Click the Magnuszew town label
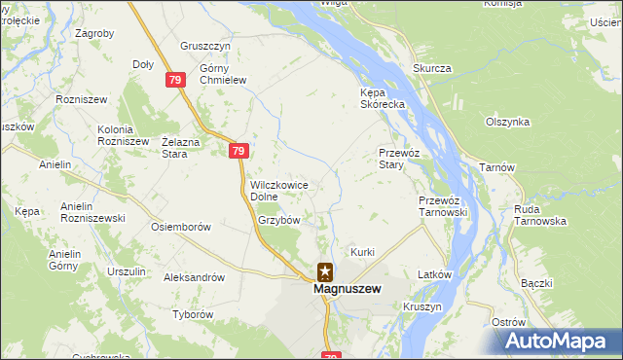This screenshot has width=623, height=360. (x=346, y=289)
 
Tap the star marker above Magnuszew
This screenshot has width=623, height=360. (x=324, y=273)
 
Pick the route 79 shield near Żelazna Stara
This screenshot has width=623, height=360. (x=239, y=151)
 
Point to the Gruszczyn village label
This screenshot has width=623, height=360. (x=204, y=46)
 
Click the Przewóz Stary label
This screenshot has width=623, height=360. (x=398, y=159)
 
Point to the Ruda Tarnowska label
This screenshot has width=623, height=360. (x=540, y=215)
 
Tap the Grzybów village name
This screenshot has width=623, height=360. (x=278, y=220)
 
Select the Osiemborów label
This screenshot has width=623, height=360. (x=181, y=227)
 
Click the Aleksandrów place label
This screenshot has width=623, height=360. (x=195, y=277)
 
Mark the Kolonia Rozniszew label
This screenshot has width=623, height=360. (x=123, y=135)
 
